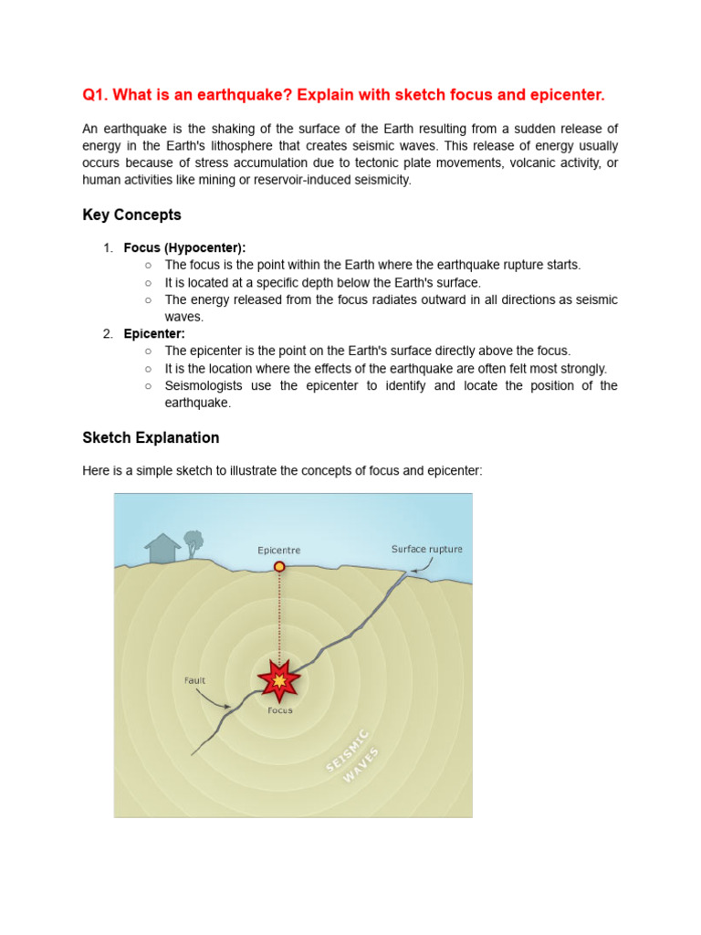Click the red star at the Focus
click(x=279, y=679)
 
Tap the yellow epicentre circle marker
click(x=279, y=566)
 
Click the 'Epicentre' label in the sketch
click(x=279, y=551)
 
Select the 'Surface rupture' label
click(x=426, y=549)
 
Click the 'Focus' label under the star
click(x=280, y=709)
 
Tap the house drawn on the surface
click(x=162, y=549)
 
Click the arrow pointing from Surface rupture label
click(x=422, y=568)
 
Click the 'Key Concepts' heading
click(x=131, y=215)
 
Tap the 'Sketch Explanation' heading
click(x=151, y=437)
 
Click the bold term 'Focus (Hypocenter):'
click(x=185, y=247)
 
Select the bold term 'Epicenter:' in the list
click(x=154, y=333)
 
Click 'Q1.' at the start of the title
click(x=96, y=96)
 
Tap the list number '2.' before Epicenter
click(x=108, y=333)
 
